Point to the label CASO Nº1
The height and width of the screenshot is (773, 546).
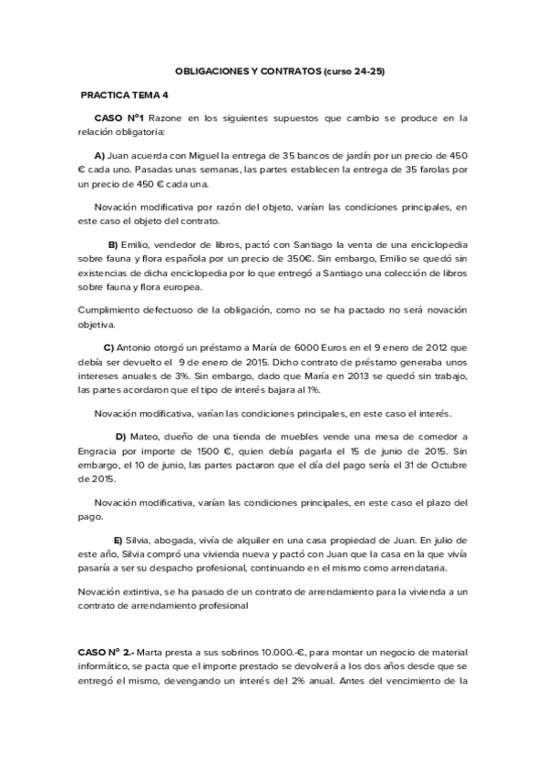pyautogui.click(x=119, y=118)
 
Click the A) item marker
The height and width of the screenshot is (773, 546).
pyautogui.click(x=100, y=155)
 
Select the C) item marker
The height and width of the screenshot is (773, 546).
pyautogui.click(x=108, y=347)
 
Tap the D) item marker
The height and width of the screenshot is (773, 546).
pyautogui.click(x=120, y=437)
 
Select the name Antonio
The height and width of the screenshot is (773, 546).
pyautogui.click(x=139, y=347)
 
